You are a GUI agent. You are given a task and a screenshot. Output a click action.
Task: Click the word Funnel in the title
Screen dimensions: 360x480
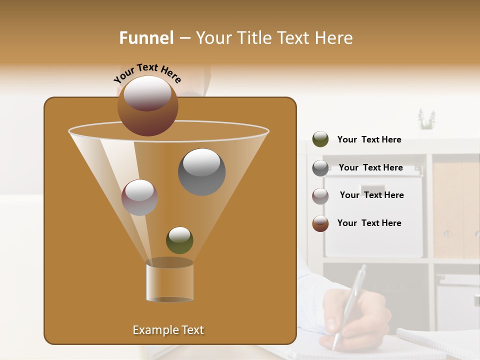click(x=146, y=38)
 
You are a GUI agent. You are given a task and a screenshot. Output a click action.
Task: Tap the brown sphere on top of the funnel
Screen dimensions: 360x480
click(x=148, y=105)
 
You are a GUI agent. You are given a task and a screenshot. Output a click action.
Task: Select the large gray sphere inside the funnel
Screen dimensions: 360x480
click(x=201, y=171)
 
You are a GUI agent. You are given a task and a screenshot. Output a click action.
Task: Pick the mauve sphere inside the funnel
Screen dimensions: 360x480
click(x=139, y=197)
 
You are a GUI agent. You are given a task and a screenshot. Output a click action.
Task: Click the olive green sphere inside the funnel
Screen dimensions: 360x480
click(x=179, y=240)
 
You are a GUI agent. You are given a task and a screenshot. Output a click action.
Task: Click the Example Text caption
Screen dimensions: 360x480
click(x=168, y=330)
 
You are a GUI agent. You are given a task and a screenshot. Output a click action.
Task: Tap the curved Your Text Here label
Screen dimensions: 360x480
click(x=147, y=73)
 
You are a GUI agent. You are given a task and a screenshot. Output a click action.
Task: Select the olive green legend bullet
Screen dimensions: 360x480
click(x=320, y=139)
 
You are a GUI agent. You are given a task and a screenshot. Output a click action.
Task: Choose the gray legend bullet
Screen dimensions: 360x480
click(x=320, y=168)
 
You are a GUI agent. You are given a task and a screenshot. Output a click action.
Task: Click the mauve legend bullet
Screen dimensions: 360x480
click(x=320, y=195)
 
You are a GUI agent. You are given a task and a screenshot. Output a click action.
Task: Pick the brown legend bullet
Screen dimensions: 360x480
click(x=320, y=223)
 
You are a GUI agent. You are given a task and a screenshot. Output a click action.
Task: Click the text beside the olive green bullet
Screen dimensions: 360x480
click(x=369, y=139)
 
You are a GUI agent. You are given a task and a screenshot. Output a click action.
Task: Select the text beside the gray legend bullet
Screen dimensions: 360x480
click(x=370, y=167)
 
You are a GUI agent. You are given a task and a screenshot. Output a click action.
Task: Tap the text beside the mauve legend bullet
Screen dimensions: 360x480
click(x=371, y=195)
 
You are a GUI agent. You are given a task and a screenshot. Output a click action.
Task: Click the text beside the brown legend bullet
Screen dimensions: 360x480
click(x=369, y=223)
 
